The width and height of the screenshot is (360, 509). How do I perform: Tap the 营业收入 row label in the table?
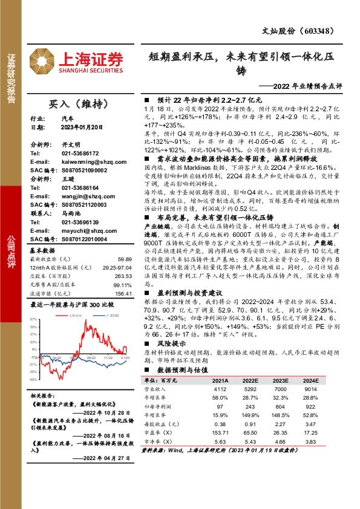[155, 390]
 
